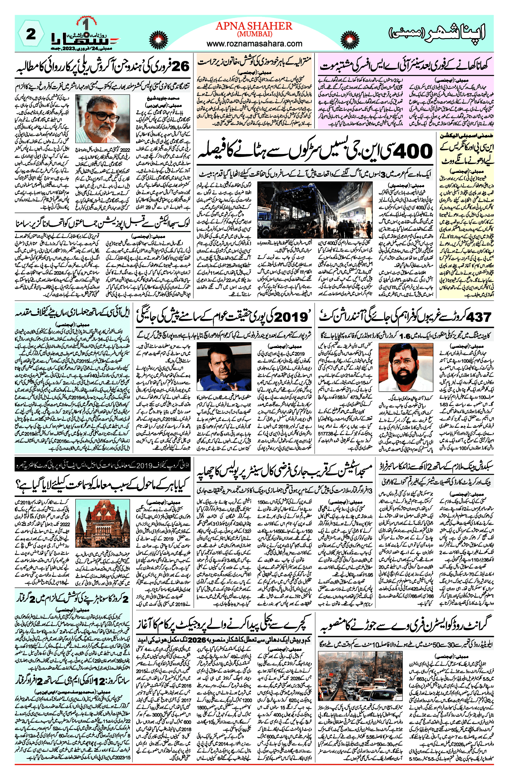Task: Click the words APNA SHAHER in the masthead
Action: [x=254, y=26]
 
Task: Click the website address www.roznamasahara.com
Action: [x=254, y=44]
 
